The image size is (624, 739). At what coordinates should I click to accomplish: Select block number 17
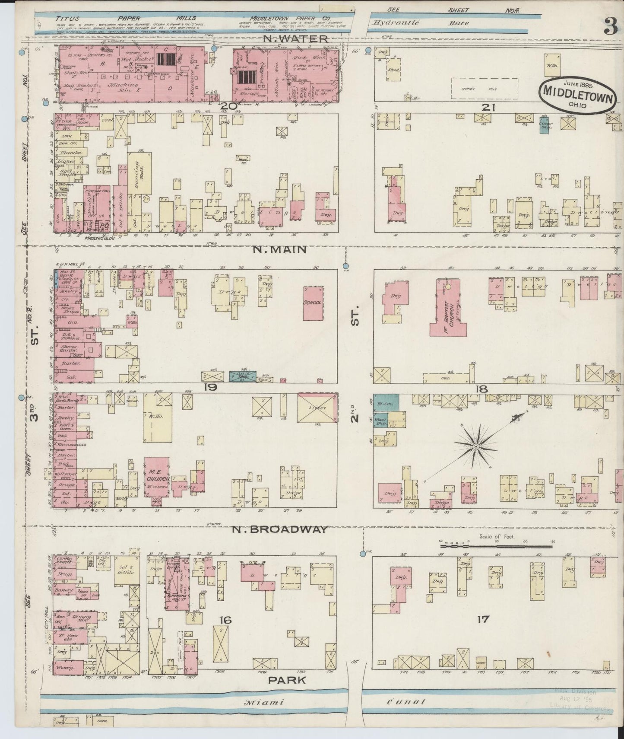[482, 619]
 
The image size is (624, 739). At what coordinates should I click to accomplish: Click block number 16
[225, 620]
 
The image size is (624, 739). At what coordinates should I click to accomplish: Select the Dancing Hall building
[139, 173]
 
